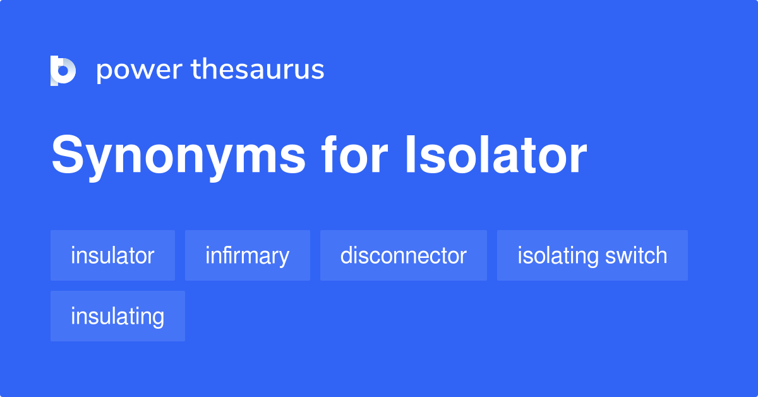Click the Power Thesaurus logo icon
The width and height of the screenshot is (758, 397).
63,70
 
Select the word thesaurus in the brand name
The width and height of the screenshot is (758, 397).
258,70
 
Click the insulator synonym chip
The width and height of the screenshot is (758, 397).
112,255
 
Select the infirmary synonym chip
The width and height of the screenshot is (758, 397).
247,255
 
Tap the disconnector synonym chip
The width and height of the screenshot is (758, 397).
403,255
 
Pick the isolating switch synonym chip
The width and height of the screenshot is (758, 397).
592,255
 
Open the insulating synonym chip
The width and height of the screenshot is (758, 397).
117,316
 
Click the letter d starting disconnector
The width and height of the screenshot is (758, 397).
346,255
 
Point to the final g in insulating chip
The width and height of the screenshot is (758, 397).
159,318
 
